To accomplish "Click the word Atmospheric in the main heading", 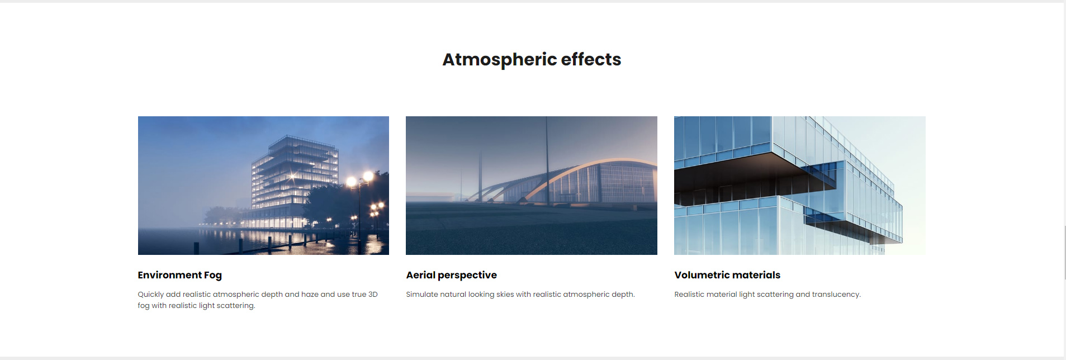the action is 499,60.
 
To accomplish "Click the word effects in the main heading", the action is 591,59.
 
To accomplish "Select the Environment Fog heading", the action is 179,275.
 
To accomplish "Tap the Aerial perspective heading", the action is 451,275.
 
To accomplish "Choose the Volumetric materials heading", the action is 727,275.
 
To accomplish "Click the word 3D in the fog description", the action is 373,294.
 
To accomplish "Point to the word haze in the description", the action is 310,294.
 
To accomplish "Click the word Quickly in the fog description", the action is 151,295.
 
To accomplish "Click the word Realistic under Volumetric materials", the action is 691,294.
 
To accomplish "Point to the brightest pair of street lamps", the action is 359,179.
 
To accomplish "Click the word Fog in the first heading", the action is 212,276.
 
